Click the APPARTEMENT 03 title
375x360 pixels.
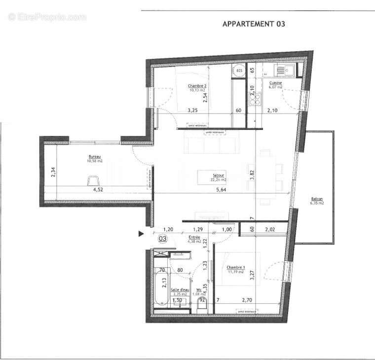[x=254, y=24]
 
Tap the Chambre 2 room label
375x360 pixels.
[x=197, y=86]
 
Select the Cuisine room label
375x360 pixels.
[x=275, y=83]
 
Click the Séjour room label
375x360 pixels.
[x=218, y=175]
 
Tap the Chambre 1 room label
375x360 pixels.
[x=235, y=269]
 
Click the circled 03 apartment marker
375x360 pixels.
[x=161, y=239]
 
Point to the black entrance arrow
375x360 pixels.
[x=141, y=233]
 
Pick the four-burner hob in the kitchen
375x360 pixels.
[x=255, y=100]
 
